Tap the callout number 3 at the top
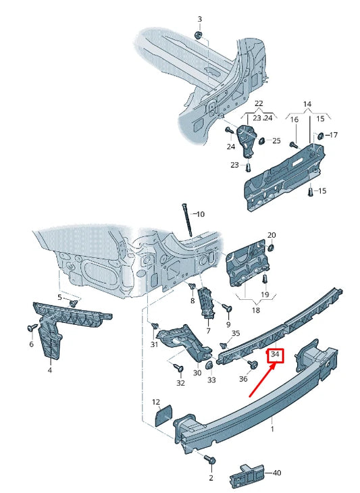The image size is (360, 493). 199,18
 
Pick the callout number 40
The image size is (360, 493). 277,473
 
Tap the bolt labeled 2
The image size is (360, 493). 209,460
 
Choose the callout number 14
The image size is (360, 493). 307,103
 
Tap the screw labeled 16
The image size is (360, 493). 294,143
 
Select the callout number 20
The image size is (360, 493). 272,235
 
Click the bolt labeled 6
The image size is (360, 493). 31,328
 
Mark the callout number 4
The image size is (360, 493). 49,370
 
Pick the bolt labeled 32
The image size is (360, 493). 178,368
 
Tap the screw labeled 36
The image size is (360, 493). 252,365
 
